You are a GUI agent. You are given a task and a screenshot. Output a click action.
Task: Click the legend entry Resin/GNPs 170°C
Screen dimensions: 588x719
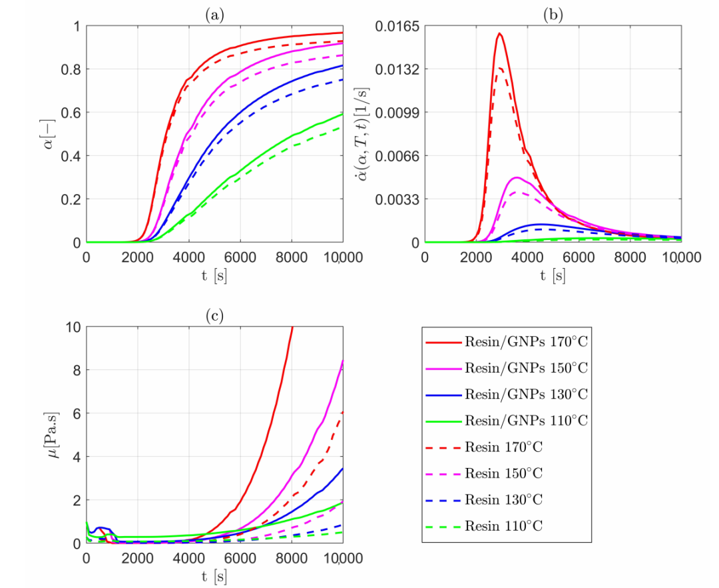[526, 342]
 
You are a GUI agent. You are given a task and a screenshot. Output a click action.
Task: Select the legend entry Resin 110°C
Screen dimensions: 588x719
[503, 526]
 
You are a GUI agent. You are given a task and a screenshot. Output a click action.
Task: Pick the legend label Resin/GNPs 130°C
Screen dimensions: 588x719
[526, 395]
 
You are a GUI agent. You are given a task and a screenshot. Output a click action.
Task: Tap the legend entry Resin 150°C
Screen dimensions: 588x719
[503, 473]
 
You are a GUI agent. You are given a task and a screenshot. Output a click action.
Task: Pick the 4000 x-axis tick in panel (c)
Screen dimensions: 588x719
[189, 559]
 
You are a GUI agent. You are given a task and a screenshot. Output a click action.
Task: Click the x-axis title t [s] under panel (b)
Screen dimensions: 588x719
[553, 275]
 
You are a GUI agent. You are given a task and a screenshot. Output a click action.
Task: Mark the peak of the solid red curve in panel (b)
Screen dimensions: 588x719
[499, 33]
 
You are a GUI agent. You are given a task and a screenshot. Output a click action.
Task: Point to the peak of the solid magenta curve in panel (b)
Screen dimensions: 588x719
[517, 177]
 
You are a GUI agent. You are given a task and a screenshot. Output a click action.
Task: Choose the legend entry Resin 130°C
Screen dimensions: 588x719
[503, 500]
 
